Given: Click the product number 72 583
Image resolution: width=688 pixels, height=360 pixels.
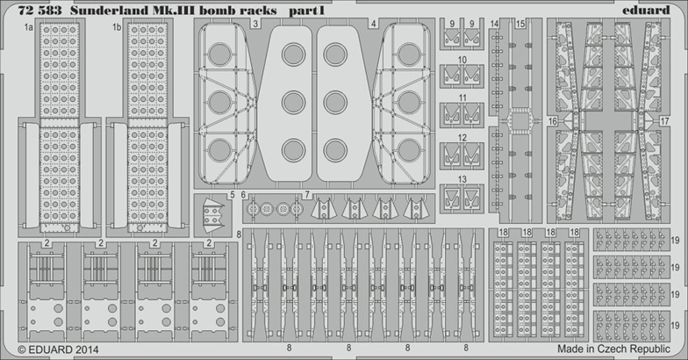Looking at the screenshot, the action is pyautogui.click(x=40, y=11).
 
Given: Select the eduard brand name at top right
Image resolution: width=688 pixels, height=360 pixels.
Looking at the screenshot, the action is pyautogui.click(x=646, y=10).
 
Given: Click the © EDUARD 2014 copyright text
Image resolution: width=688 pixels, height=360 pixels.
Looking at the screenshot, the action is pyautogui.click(x=58, y=349).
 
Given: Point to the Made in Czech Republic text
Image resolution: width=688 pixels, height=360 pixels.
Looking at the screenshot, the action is pyautogui.click(x=614, y=349).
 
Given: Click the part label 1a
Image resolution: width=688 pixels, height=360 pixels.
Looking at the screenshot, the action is pyautogui.click(x=29, y=28).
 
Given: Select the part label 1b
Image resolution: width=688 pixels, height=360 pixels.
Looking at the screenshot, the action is pyautogui.click(x=117, y=28).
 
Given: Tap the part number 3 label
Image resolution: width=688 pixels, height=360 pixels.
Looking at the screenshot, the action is pyautogui.click(x=254, y=25).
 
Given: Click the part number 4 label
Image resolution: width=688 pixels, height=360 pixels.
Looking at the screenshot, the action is pyautogui.click(x=374, y=25).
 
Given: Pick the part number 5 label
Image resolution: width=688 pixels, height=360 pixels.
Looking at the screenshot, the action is pyautogui.click(x=232, y=195).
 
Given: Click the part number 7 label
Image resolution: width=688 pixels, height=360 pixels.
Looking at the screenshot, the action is pyautogui.click(x=307, y=195).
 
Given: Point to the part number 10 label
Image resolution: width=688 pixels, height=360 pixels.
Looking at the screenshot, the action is pyautogui.click(x=462, y=60).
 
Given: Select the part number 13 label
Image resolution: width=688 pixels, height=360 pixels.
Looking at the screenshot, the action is pyautogui.click(x=462, y=179).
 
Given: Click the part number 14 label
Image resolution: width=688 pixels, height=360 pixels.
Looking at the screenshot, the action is pyautogui.click(x=495, y=25).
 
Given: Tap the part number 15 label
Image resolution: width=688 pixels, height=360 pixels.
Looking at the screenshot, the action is pyautogui.click(x=520, y=25).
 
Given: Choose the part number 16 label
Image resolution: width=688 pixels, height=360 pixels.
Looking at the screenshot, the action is pyautogui.click(x=553, y=121).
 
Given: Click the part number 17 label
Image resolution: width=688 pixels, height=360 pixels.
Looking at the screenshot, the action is pyautogui.click(x=665, y=121).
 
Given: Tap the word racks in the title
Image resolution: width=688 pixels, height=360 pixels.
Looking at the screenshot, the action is pyautogui.click(x=259, y=11).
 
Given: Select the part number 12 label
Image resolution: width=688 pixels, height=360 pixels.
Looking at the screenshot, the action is pyautogui.click(x=462, y=138).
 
